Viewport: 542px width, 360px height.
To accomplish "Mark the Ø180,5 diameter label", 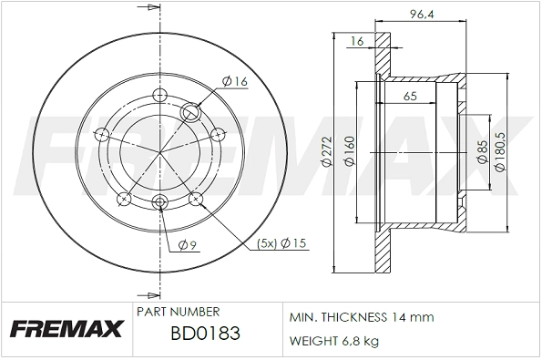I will click(499, 151).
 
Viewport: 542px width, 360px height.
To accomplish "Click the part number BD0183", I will click(206, 334).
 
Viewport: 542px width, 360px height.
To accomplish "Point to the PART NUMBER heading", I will click(177, 312).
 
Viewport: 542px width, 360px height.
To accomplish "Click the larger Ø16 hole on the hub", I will click(192, 113).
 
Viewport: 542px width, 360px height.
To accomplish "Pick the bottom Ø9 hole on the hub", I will click(160, 202).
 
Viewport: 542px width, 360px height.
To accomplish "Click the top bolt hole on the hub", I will click(160, 94).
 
